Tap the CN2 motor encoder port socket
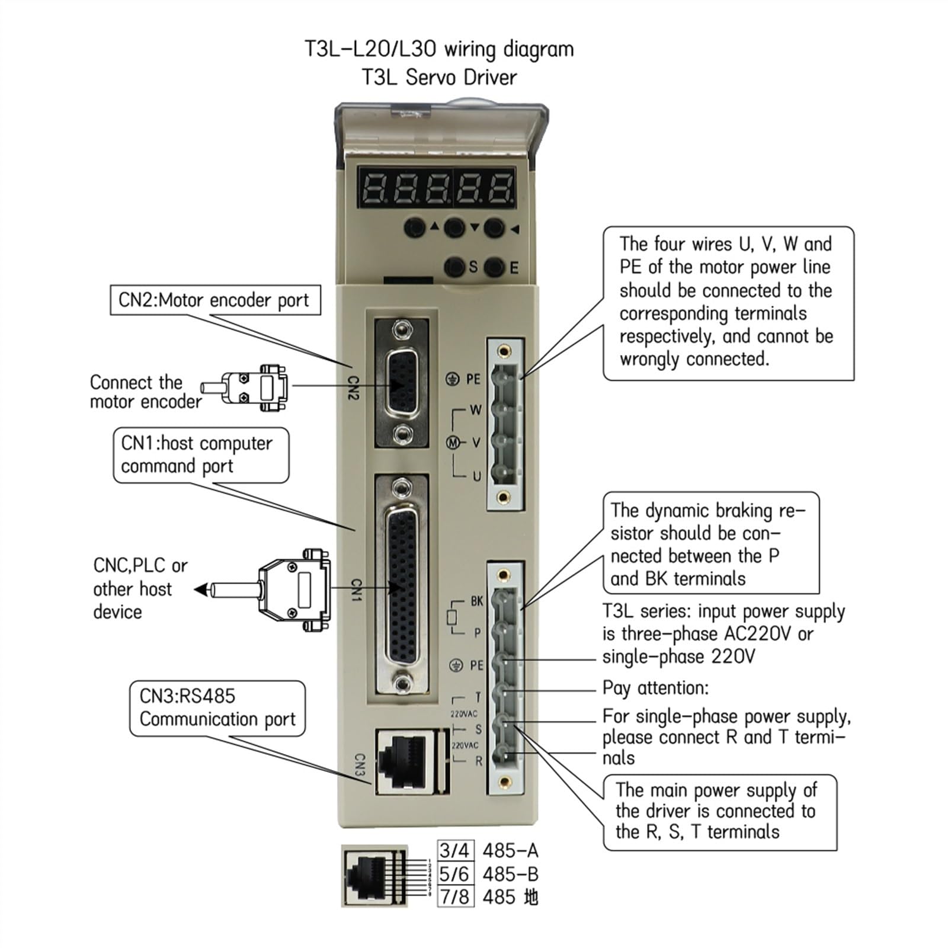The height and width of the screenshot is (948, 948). coord(401,383)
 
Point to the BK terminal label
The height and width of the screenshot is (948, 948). coord(477,601)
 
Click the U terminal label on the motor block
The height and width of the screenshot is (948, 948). coord(477,476)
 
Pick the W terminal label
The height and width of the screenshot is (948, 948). coord(476,409)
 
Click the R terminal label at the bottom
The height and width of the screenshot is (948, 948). coord(479,761)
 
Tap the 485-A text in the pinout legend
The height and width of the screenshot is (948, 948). coord(510,851)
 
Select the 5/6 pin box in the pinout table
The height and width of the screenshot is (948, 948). coord(454,874)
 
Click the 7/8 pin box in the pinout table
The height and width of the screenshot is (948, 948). coord(454,896)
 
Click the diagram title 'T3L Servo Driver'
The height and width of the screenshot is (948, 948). coord(440,77)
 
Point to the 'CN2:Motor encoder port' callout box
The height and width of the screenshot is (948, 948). coord(215,300)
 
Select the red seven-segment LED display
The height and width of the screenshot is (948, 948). coord(435,187)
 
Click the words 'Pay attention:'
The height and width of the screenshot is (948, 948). coord(655,688)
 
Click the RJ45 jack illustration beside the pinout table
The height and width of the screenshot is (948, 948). coord(374,876)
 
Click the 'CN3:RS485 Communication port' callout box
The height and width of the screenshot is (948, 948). coord(217,709)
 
